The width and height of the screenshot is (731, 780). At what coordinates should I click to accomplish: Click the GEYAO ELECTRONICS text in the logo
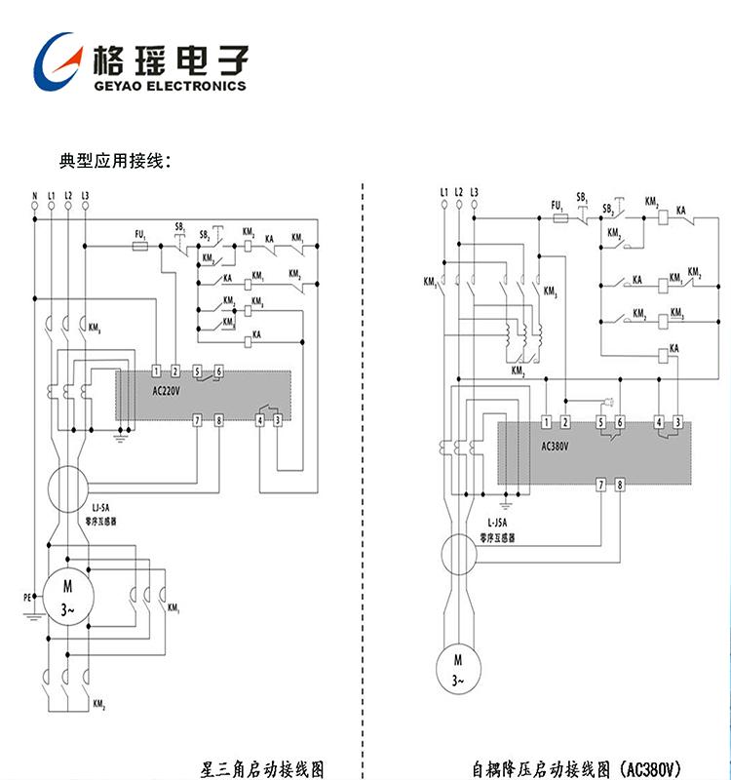coord(170,86)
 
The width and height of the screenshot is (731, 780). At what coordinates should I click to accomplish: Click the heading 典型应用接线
coord(115,159)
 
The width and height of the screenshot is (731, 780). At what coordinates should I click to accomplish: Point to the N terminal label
coord(35,196)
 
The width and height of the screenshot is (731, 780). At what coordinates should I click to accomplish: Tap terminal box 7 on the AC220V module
coord(198,420)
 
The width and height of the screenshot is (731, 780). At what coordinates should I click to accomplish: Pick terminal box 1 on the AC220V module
coord(158,371)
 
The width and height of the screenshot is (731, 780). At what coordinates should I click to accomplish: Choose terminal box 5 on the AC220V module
coord(198,371)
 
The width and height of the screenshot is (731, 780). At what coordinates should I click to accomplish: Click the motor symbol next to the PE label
coord(68,596)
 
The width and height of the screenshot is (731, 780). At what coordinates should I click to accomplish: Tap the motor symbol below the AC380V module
coord(457,670)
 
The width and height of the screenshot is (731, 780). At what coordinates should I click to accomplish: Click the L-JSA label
coord(496,524)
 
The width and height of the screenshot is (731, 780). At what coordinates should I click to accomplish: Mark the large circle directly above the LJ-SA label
coord(68,484)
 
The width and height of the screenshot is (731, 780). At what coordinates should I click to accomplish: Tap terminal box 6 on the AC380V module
coord(620,422)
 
